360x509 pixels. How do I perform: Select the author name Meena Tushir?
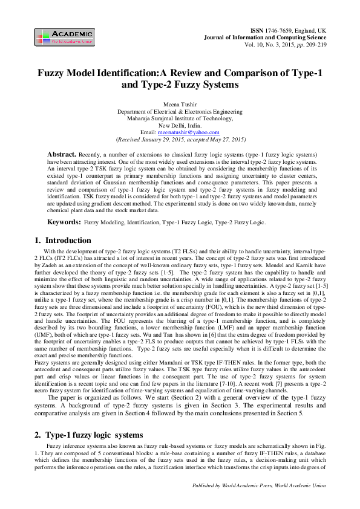pos(180,105)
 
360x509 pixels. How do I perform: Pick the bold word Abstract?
pos(62,155)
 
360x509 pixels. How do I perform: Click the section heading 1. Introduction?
pos(63,241)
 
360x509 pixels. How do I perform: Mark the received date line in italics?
pos(180,138)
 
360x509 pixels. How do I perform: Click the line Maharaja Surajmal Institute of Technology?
pos(180,118)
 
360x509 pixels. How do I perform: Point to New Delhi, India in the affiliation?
pos(180,125)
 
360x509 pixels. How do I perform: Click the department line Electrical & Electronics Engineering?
pos(180,111)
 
